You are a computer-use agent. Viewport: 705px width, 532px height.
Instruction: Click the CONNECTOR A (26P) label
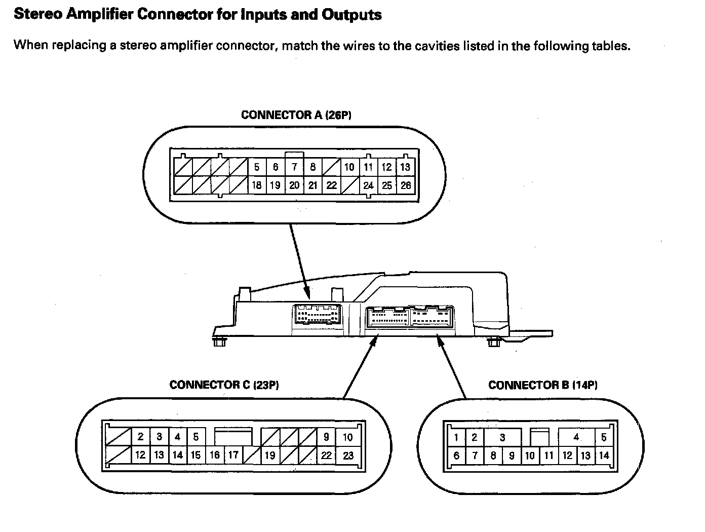pos(296,115)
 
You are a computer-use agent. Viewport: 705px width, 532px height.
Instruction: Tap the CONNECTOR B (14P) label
pos(543,385)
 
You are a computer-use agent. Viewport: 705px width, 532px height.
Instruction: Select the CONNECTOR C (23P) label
pos(224,385)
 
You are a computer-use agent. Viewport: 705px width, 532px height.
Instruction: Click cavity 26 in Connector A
pos(405,185)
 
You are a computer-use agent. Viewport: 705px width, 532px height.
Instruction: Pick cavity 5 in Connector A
pos(257,167)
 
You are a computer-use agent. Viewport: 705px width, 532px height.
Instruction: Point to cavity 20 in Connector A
pos(294,185)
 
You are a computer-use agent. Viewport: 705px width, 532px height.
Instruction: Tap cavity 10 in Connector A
pos(349,167)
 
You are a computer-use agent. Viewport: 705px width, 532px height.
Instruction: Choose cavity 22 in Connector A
pos(331,185)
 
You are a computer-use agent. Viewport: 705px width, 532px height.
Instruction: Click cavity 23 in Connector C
pos(348,455)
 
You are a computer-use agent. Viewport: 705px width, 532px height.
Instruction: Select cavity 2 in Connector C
pos(140,437)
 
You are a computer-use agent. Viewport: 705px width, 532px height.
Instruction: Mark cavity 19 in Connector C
pos(270,455)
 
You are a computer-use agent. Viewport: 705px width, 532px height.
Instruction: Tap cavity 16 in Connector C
pos(214,455)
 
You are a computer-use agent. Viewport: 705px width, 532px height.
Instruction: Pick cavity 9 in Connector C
pos(326,437)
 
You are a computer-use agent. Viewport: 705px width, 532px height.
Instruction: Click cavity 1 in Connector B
pos(456,438)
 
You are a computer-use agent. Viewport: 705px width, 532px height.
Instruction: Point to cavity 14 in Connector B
pos(604,455)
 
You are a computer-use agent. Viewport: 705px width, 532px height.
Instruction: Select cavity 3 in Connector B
pos(502,438)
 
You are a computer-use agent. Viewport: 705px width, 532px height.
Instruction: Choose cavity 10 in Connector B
pos(530,455)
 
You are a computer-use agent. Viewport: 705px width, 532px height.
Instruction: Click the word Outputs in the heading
pos(351,14)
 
